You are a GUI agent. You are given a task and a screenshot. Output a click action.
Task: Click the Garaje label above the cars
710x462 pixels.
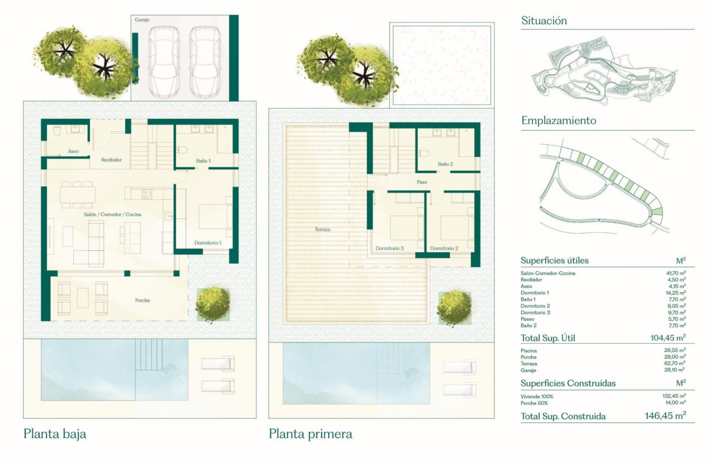tap(143, 19)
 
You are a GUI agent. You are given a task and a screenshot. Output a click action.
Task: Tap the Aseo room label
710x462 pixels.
tap(73, 151)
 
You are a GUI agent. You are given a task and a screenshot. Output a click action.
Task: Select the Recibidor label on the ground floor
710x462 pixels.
tap(111, 160)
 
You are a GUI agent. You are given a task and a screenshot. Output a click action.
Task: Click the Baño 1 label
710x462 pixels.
tap(203, 161)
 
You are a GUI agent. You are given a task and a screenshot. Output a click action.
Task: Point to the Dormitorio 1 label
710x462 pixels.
tap(207, 243)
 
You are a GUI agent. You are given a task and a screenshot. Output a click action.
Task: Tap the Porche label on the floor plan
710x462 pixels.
tap(143, 300)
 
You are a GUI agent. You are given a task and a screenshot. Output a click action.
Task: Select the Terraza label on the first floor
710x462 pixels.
tap(323, 229)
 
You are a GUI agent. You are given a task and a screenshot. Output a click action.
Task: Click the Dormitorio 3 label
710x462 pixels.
tap(390, 248)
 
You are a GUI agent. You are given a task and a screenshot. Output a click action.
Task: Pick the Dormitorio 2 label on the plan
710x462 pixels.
tap(444, 248)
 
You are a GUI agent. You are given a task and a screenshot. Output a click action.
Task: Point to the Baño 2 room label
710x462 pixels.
tap(445, 164)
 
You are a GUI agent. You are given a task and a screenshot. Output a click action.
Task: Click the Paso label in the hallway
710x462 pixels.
tap(422, 182)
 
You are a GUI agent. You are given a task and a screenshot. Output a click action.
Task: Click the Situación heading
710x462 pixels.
tap(544, 21)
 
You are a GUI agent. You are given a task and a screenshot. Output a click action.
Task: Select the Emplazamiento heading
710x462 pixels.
tap(558, 121)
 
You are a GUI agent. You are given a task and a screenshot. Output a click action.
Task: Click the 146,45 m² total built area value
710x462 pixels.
tap(665, 416)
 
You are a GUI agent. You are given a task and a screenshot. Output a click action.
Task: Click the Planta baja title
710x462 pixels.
tap(55, 434)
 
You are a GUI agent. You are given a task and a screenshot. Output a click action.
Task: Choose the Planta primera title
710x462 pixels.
tap(310, 434)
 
